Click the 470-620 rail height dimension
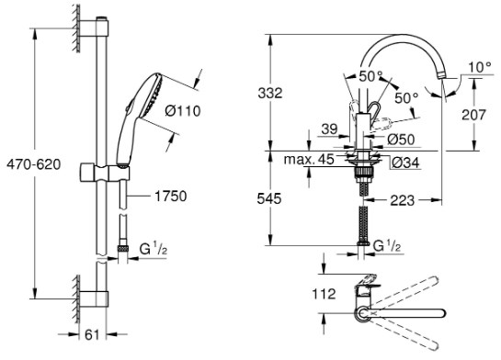[x=34, y=164]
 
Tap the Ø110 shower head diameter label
[x=183, y=111]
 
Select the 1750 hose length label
[x=171, y=197]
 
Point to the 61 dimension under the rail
[x=92, y=335]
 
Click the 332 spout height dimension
[x=270, y=93]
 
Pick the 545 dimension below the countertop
[x=269, y=198]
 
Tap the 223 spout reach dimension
[x=403, y=200]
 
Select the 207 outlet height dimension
[x=473, y=115]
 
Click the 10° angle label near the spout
[x=480, y=67]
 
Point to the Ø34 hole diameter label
[x=405, y=163]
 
